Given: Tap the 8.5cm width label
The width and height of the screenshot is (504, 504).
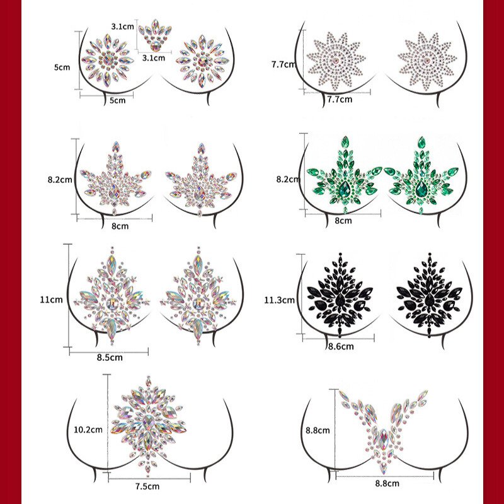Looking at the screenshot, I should (x=109, y=358).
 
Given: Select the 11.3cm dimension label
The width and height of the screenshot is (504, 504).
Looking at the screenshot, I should (x=280, y=300).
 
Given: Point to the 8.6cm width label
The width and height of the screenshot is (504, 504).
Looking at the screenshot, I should (x=340, y=346).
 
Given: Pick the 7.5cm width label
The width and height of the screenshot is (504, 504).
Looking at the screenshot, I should (x=147, y=486).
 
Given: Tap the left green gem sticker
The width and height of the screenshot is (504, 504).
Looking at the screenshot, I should (x=343, y=177).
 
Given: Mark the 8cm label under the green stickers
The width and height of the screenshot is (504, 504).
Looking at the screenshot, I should (x=343, y=221).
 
